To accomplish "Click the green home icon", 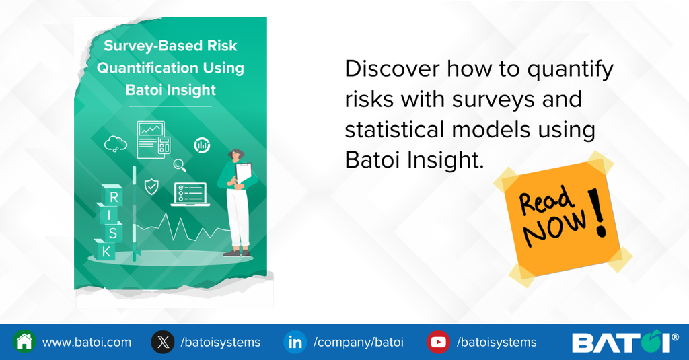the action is (x=25, y=342).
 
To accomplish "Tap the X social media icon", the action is (x=163, y=342).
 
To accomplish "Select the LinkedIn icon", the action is (x=295, y=342).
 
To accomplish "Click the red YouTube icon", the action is (x=438, y=342).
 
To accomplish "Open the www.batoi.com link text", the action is (x=87, y=342).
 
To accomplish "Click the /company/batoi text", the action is (x=358, y=343).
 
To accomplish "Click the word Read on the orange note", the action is (x=546, y=200).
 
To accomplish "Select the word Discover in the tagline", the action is (x=392, y=69).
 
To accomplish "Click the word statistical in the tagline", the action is (x=393, y=129).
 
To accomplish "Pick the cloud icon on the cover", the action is (x=116, y=144).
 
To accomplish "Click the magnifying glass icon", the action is (x=179, y=166).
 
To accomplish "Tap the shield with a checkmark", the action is (x=151, y=186).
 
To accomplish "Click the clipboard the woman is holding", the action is (x=245, y=175).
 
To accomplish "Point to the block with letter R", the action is (x=112, y=196).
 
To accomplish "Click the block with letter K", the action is (x=106, y=251).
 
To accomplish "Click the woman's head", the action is (x=236, y=155).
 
